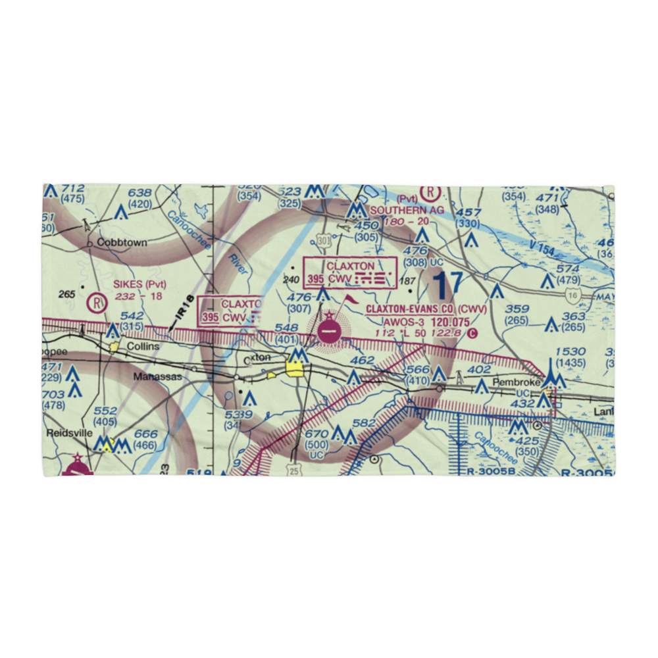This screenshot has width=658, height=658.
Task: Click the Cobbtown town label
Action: click(122, 242)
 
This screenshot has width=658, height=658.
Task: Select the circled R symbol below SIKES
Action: click(96, 303)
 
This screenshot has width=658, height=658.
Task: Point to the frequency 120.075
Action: click(451, 322)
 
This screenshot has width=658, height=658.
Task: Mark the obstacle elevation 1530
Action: click(569, 353)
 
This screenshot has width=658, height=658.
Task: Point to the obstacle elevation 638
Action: click(139, 193)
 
